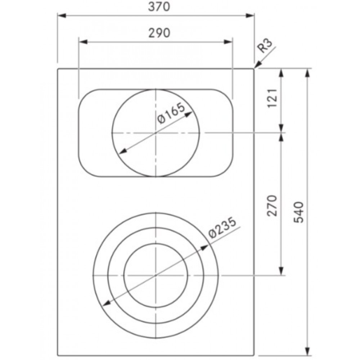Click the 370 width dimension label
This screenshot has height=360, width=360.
tap(159, 7)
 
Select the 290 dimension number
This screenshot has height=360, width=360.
tap(159, 33)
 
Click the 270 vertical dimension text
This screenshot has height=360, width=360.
tap(273, 206)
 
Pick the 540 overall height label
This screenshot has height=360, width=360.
tap(299, 212)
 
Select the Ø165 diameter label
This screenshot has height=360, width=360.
tap(171, 113)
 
